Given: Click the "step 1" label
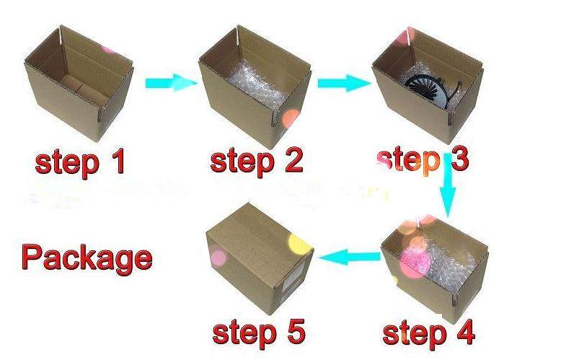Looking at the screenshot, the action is pyautogui.click(x=80, y=163).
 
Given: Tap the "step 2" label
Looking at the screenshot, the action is pyautogui.click(x=257, y=161).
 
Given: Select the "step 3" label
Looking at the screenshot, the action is pyautogui.click(x=423, y=160).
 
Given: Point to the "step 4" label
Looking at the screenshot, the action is pyautogui.click(x=428, y=333).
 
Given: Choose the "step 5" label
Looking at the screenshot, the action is pyautogui.click(x=259, y=332).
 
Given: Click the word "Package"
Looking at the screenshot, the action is pyautogui.click(x=87, y=258).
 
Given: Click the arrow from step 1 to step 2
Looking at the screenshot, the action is pyautogui.click(x=171, y=83).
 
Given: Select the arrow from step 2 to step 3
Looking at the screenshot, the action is pyautogui.click(x=344, y=83).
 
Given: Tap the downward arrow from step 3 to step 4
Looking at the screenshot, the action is pyautogui.click(x=448, y=185).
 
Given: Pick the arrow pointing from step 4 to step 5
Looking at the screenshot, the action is pyautogui.click(x=349, y=257).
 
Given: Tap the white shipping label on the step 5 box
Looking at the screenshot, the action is pyautogui.click(x=293, y=284).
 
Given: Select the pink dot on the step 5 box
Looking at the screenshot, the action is pyautogui.click(x=218, y=258).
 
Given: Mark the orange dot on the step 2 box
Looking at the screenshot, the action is pyautogui.click(x=291, y=118).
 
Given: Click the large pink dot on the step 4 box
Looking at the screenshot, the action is pyautogui.click(x=415, y=263).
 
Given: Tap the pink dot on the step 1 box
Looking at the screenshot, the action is pyautogui.click(x=107, y=49).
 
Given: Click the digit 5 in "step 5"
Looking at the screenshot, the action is pyautogui.click(x=295, y=331).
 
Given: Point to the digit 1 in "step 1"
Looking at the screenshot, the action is pyautogui.click(x=118, y=161).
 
